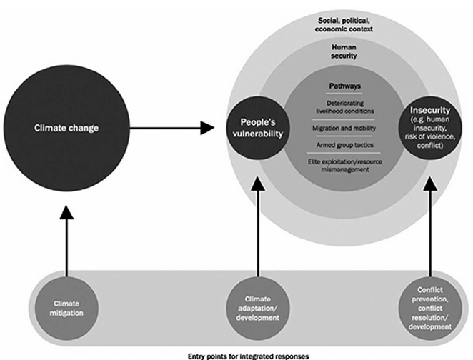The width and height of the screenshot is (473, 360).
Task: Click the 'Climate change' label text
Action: point(66,128)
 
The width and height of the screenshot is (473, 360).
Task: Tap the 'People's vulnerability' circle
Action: point(258,128)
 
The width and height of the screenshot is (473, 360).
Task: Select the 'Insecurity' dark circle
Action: point(430,128)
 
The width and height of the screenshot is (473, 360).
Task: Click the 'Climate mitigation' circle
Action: point(66,308)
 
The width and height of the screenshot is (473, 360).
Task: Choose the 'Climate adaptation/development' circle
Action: point(258,308)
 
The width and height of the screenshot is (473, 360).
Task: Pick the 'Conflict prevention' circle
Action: point(430,308)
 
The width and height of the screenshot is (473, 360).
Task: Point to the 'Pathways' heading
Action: point(345,86)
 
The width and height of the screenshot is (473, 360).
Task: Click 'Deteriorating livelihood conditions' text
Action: point(345,107)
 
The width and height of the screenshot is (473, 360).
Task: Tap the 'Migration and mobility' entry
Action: point(344,128)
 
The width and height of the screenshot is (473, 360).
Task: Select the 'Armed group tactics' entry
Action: point(345,145)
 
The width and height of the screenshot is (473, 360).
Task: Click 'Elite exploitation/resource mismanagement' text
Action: point(345,166)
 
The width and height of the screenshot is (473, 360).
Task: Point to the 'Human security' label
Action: point(344,51)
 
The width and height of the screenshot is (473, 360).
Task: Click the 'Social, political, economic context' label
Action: point(344,25)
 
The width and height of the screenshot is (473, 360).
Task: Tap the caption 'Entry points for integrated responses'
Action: point(248,356)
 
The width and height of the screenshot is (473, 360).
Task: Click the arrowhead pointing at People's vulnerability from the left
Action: point(207,128)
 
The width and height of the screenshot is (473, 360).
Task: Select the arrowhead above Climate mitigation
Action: point(66,212)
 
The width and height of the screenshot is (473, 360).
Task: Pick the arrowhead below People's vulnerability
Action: point(258,184)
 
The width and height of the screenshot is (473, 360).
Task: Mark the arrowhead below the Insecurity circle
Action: point(430,184)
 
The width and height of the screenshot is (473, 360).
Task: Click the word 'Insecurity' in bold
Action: point(430,110)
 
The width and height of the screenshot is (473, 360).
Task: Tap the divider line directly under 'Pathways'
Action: point(345,94)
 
